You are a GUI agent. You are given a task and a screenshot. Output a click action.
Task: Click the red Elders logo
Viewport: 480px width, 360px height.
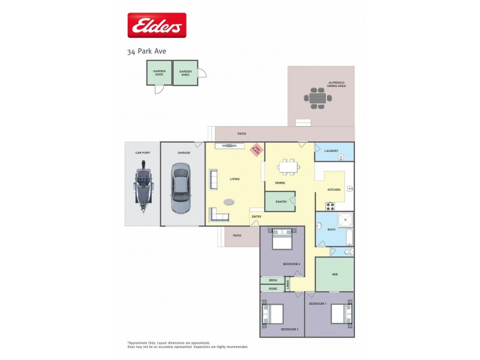pyautogui.click(x=157, y=25)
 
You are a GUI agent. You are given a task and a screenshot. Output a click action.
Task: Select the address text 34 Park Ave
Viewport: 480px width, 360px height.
pyautogui.click(x=146, y=51)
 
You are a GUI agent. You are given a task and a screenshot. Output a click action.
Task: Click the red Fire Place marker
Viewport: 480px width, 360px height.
pyautogui.click(x=257, y=149)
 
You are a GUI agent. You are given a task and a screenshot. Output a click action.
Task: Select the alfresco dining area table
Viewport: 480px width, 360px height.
pyautogui.click(x=317, y=97)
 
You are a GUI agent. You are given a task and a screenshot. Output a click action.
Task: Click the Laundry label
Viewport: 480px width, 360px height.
pyautogui.click(x=331, y=151)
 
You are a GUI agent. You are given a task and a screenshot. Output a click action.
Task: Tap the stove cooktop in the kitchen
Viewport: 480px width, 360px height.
pyautogui.click(x=330, y=206)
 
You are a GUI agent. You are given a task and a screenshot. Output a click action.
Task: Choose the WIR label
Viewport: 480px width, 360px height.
pyautogui.click(x=334, y=274)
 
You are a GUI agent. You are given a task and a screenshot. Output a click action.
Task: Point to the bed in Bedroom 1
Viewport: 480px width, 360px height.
pyautogui.click(x=340, y=313)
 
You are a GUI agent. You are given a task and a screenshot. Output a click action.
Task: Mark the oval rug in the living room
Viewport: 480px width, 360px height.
pyautogui.click(x=230, y=202)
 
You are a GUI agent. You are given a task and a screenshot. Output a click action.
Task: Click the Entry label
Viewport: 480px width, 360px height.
pyautogui.click(x=256, y=217)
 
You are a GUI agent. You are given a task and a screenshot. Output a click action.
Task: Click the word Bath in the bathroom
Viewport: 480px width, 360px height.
pyautogui.click(x=331, y=230)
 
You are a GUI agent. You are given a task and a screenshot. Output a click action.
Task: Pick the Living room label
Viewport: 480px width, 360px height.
pyautogui.click(x=235, y=179)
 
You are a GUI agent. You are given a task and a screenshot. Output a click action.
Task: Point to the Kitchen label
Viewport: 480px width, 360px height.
pyautogui.click(x=334, y=190)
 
